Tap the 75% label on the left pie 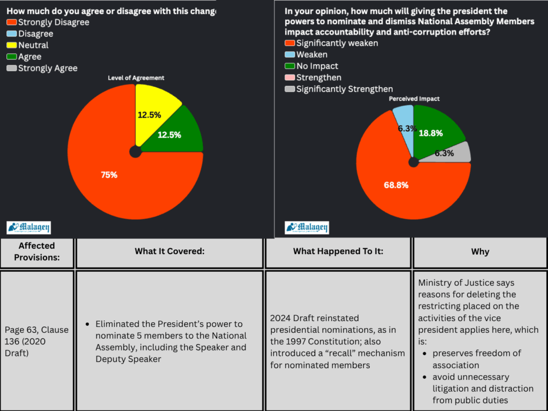(109, 174)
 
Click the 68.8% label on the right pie (396, 185)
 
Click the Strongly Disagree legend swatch (12, 22)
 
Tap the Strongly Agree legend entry (48, 68)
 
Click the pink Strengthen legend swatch (290, 78)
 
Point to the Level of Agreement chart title (136, 78)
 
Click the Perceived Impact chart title (414, 99)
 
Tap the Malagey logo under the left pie (29, 227)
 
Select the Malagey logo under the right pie (307, 227)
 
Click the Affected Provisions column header (37, 252)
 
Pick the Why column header (479, 252)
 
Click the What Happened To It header (338, 252)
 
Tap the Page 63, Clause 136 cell (37, 341)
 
